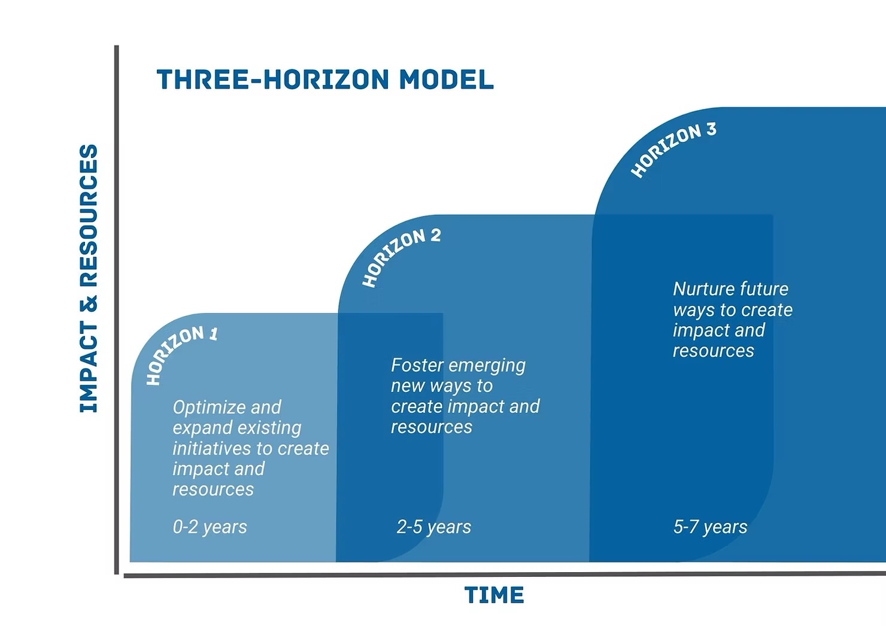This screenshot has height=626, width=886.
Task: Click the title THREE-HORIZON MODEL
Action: click(x=325, y=80)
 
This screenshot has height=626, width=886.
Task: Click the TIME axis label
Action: click(x=494, y=595)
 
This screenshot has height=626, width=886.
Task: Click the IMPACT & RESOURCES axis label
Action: click(x=89, y=278)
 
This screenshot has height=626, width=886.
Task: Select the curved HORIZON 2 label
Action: click(x=400, y=256)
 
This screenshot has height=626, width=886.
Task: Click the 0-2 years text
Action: click(x=210, y=527)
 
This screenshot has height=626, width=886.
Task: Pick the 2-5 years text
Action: click(x=433, y=527)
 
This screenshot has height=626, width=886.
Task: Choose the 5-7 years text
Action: click(x=710, y=527)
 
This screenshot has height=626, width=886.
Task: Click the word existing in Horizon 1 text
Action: click(x=269, y=429)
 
